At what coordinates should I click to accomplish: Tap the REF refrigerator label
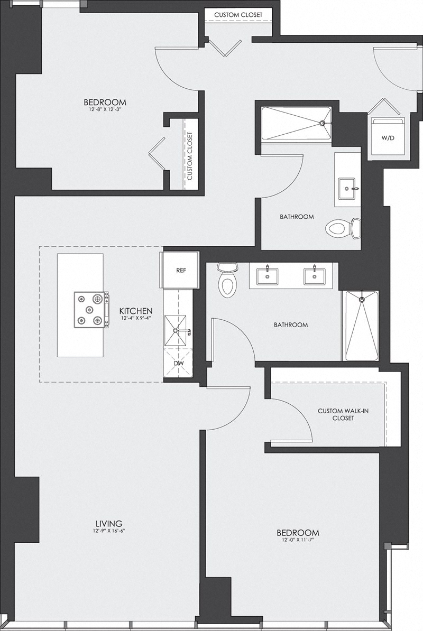point(181,270)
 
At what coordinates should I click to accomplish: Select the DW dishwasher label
point(180,364)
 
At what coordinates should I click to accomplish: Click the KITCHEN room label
point(136,310)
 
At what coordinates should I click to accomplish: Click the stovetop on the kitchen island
point(90,309)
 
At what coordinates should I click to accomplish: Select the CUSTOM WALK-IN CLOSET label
point(336,414)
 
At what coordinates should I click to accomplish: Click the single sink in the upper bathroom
point(347,188)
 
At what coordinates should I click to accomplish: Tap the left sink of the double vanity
point(268,275)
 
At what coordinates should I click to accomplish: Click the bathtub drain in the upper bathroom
point(322,123)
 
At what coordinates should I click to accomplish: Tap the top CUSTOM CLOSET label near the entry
point(238,14)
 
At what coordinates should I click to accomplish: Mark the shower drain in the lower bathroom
point(362,300)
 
